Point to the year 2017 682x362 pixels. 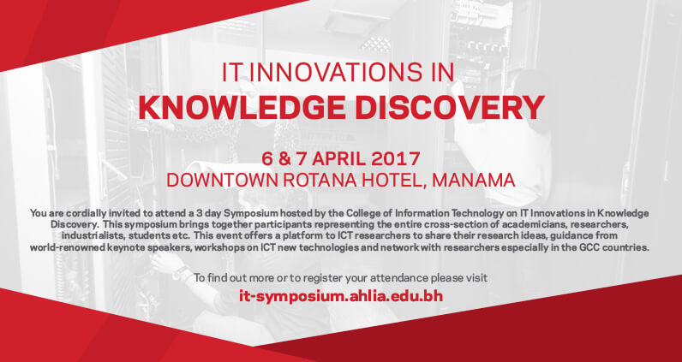tap(396, 159)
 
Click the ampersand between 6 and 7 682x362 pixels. tap(285, 159)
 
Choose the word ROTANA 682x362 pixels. tap(321, 181)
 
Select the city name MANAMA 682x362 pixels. tap(474, 181)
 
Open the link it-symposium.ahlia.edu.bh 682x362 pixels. tap(341, 297)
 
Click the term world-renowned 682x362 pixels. tap(61, 248)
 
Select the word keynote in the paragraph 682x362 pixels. tap(110, 248)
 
